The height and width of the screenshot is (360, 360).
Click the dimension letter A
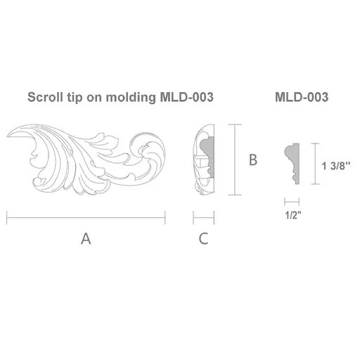coord(86,238)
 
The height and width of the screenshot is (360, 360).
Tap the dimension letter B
coord(253,160)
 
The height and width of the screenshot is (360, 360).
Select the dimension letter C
coord(203,238)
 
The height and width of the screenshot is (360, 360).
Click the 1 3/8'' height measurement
coord(336,166)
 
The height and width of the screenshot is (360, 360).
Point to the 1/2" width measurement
coord(292,215)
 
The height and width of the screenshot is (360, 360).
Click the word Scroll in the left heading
coord(45,97)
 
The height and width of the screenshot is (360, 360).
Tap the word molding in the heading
coord(131,97)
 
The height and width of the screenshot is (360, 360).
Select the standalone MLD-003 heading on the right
coord(302,97)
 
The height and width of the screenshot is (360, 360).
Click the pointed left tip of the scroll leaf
coord(7,136)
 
